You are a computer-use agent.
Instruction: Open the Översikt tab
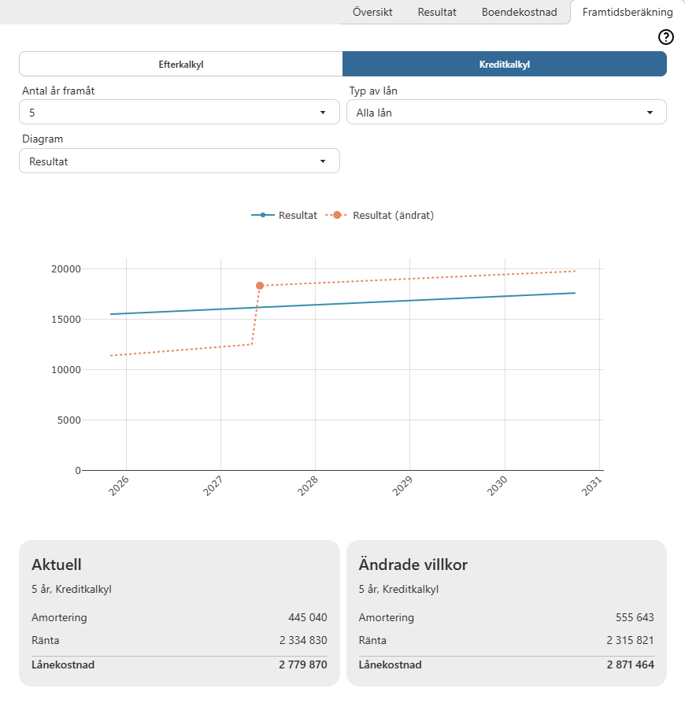[372, 13]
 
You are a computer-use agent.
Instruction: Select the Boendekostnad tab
[519, 13]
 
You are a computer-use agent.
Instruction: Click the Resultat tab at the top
[437, 13]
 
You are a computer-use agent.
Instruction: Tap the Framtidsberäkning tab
[628, 13]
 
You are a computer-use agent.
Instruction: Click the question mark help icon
[666, 37]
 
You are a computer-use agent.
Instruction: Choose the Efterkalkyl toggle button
[181, 65]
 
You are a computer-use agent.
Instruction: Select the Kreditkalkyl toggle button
[505, 65]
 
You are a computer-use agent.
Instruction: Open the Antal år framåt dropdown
[180, 113]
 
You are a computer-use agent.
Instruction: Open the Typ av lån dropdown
[506, 113]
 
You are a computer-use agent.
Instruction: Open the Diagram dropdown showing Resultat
[180, 161]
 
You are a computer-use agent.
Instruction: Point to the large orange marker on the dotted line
[260, 286]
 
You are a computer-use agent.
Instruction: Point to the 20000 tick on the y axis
[66, 269]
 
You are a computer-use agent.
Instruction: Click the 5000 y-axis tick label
[68, 420]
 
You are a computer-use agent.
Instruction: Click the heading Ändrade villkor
[413, 564]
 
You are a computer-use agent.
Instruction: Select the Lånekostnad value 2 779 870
[302, 665]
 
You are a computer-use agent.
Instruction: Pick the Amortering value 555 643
[635, 618]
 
